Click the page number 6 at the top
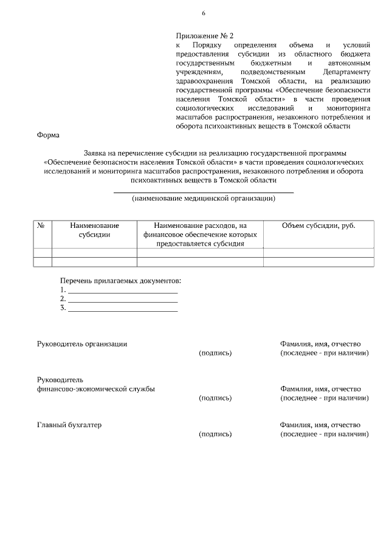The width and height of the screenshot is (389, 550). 204,13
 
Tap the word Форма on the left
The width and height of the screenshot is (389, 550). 48,136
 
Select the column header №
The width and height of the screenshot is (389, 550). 42,225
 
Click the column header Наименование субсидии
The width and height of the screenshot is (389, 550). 94,230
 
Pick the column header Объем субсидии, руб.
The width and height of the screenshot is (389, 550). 318,225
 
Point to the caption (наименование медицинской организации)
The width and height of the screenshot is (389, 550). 204,198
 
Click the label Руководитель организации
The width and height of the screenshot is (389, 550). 82,343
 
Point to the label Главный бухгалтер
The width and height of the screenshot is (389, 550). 69,424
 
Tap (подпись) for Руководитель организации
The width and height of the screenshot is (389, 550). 215,352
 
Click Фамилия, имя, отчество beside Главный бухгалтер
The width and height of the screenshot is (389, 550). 320,425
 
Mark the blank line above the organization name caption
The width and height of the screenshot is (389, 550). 204,191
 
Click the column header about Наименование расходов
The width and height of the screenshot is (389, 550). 200,234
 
